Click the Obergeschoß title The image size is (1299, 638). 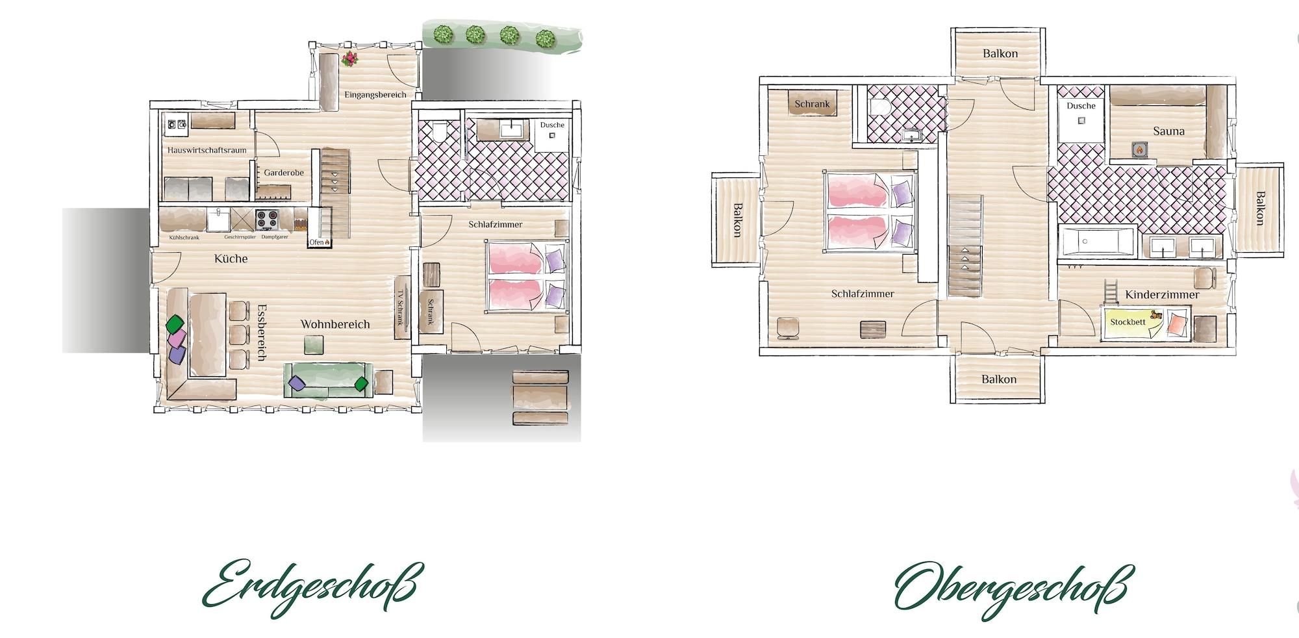pos(1013,588)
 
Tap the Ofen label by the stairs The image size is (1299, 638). pos(319,242)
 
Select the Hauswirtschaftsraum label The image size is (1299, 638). pos(207,150)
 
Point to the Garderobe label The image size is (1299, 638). pos(284,173)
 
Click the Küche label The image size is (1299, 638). pos(231,259)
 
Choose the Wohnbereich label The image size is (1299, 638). pos(334,324)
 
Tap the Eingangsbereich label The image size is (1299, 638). pos(375,95)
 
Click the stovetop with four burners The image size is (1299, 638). pos(266,219)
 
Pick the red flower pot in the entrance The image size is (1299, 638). pos(349,59)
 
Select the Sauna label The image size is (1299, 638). pos(1168,131)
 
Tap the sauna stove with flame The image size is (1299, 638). pos(1139,150)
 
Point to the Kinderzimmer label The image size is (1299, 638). pos(1162,295)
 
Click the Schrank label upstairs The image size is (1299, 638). pos(812,104)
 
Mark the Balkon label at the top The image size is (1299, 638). pos(1000,54)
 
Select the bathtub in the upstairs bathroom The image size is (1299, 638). pos(1097,242)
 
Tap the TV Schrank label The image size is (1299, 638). pos(401,309)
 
